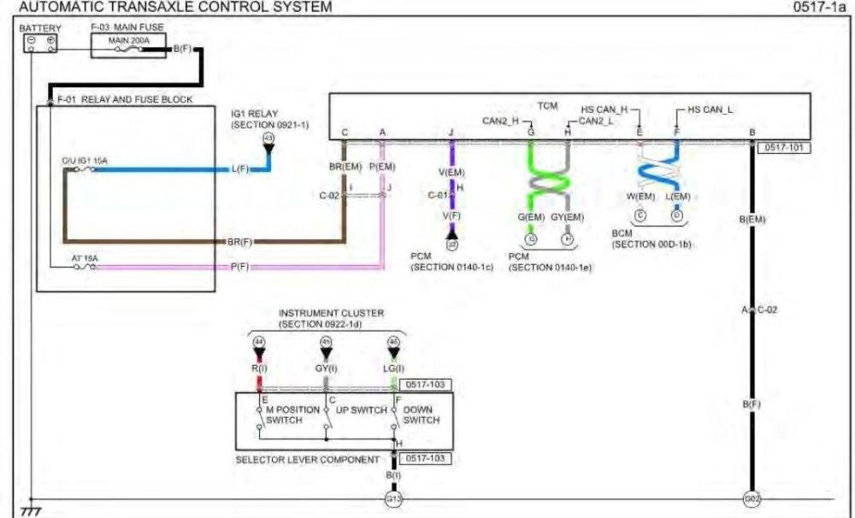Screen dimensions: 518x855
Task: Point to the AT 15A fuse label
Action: tap(84, 257)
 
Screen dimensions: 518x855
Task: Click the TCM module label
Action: tap(547, 105)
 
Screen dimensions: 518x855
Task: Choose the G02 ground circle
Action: tap(752, 498)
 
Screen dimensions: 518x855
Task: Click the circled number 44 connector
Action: tap(258, 342)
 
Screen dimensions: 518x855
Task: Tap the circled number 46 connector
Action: tap(393, 342)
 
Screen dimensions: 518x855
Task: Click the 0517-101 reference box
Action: tap(782, 147)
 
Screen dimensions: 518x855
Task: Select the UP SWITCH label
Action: tap(357, 410)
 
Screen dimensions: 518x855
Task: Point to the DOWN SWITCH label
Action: tap(422, 415)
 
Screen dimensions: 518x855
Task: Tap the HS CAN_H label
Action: tap(604, 109)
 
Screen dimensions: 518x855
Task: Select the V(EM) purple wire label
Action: tap(451, 173)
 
